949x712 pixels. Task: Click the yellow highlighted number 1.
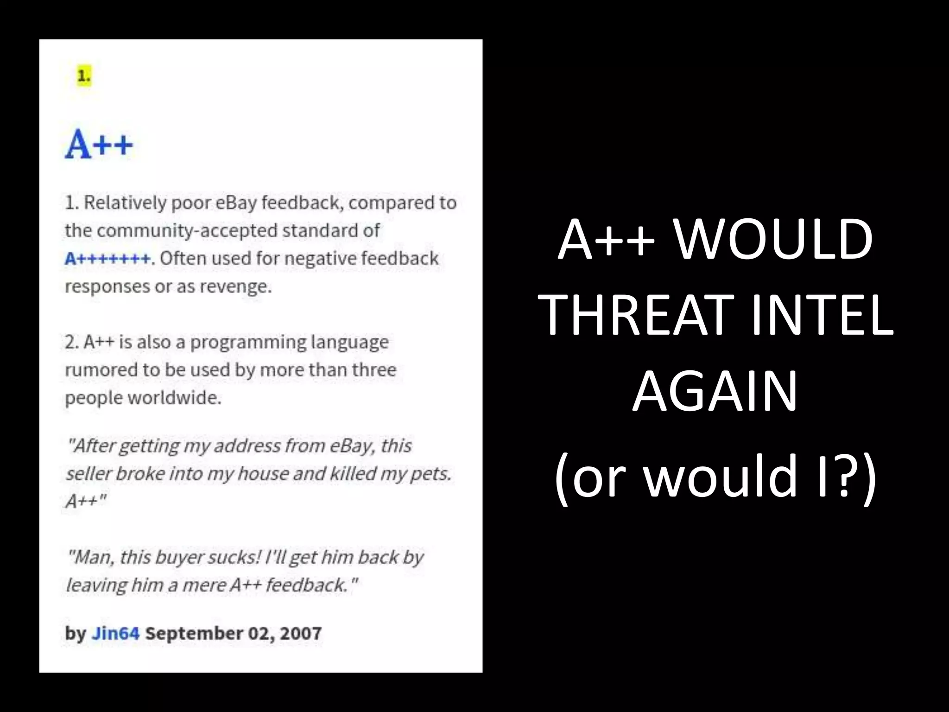click(x=84, y=76)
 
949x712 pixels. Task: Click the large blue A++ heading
click(x=99, y=145)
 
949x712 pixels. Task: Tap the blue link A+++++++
click(x=108, y=258)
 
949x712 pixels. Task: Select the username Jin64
click(x=115, y=633)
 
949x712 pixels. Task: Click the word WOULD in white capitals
click(x=772, y=240)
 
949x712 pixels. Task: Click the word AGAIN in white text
click(x=715, y=392)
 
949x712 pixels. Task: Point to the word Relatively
click(x=124, y=203)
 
